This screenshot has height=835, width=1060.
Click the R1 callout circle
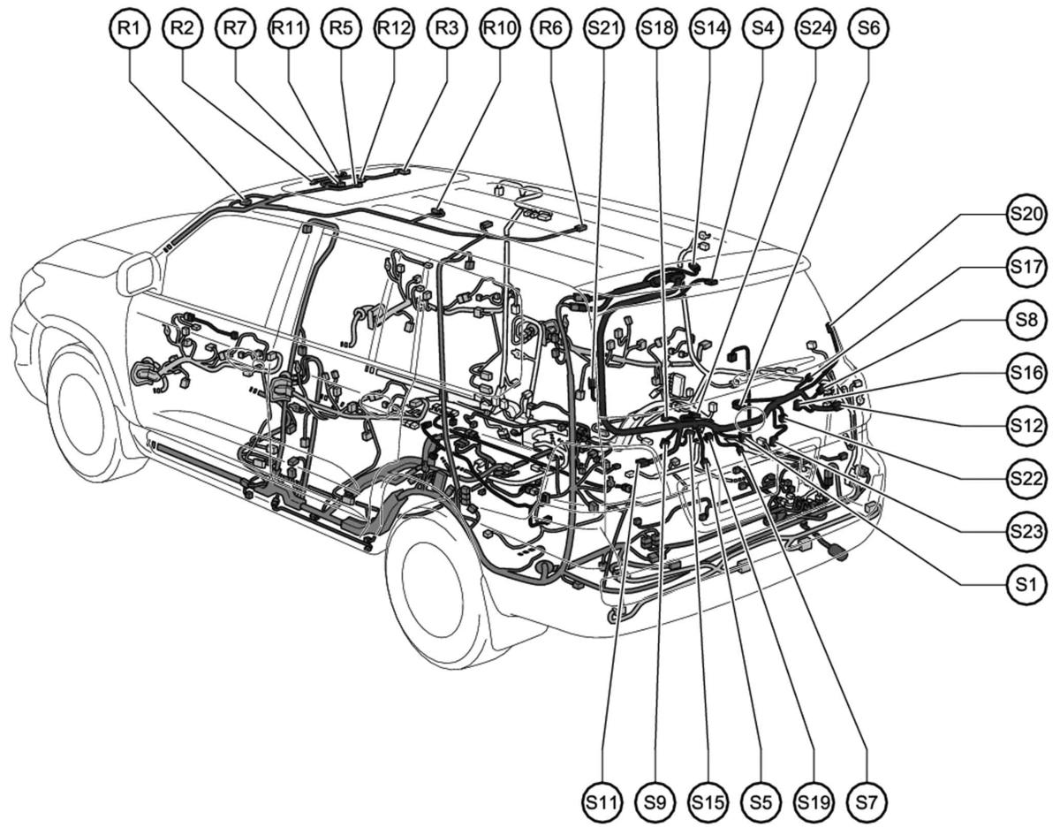(x=130, y=27)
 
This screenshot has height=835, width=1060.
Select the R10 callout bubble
(x=499, y=27)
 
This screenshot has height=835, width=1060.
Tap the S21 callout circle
(x=603, y=27)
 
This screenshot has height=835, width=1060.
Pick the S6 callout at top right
(x=868, y=27)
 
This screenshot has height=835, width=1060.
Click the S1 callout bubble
(x=1028, y=583)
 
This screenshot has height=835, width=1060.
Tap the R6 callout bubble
(x=551, y=27)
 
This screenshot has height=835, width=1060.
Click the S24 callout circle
(x=815, y=27)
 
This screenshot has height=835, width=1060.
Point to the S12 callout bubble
(x=1028, y=425)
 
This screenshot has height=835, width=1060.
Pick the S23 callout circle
(x=1028, y=531)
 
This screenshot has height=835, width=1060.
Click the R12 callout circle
(x=393, y=27)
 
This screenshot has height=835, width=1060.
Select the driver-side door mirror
(x=138, y=273)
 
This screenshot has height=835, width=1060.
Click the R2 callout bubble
(x=182, y=27)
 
